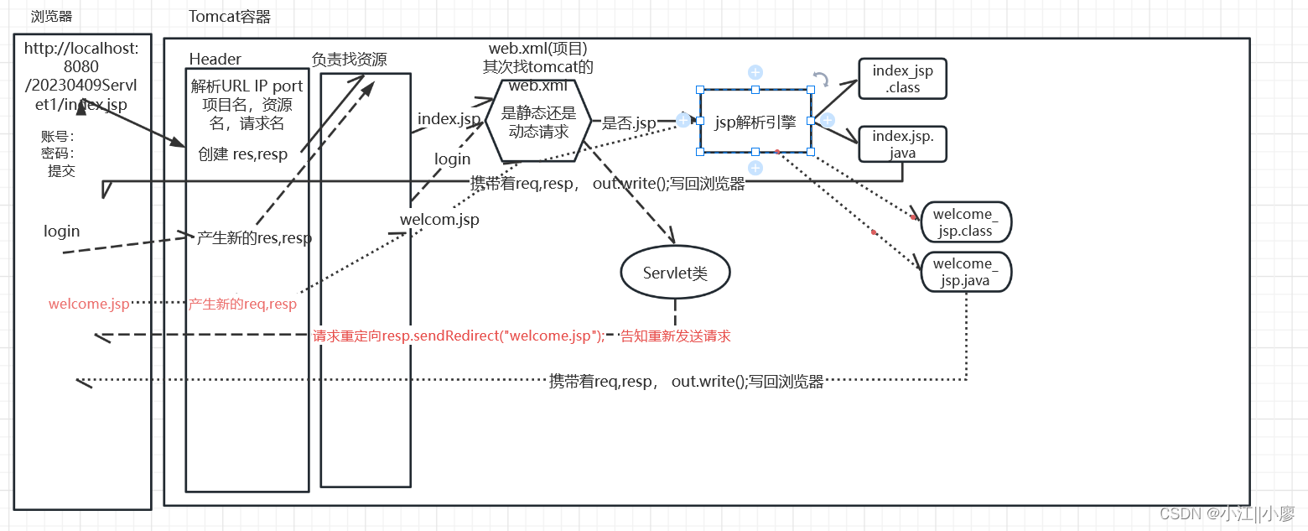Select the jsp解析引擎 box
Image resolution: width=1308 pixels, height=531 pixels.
(755, 122)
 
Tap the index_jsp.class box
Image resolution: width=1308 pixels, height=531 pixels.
(902, 79)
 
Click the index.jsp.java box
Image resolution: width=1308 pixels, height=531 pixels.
(902, 143)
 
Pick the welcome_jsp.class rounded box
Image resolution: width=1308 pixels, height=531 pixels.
(965, 223)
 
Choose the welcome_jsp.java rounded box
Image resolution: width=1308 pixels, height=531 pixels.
(965, 272)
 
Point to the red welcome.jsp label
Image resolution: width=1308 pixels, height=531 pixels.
(89, 304)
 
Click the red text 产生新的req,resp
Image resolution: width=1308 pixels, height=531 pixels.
(242, 304)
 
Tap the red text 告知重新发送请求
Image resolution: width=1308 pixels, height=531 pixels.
(675, 336)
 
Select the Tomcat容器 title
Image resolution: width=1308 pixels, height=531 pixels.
(230, 17)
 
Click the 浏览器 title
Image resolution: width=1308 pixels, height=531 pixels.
(51, 17)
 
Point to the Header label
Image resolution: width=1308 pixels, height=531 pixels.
(215, 59)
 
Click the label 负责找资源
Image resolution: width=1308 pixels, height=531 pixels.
(349, 59)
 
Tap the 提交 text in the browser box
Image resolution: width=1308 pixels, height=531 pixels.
(61, 170)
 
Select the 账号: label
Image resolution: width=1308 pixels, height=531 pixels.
(57, 137)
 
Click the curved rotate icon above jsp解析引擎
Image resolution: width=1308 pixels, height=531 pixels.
(821, 79)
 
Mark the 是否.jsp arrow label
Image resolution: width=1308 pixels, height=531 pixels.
(629, 123)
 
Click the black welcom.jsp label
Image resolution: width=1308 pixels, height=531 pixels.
(439, 220)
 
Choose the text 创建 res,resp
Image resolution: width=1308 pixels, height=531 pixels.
(242, 154)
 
